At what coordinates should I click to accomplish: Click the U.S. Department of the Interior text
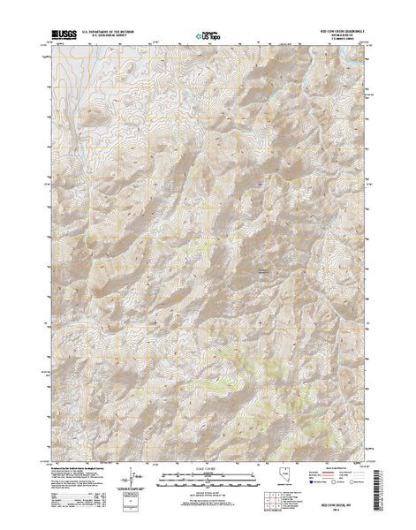tap(111, 30)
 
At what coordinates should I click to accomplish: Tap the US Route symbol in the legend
tap(324, 489)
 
